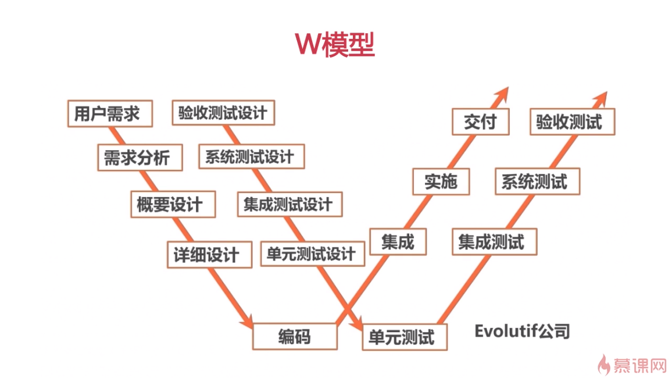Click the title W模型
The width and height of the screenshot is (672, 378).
click(335, 45)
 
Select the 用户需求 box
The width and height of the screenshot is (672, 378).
click(110, 113)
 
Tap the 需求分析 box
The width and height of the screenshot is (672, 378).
click(140, 158)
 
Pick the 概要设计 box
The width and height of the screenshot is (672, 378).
click(173, 205)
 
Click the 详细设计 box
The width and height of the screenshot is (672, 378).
click(210, 255)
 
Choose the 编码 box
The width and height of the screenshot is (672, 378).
click(295, 337)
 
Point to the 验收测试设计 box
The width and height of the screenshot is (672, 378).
click(223, 113)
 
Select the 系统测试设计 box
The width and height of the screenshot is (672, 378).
click(252, 156)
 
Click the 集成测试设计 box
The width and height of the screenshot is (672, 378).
click(289, 204)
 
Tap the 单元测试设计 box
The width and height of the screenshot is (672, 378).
click(312, 254)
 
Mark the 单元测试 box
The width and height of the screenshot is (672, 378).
click(405, 337)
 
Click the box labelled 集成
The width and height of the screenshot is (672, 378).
click(398, 242)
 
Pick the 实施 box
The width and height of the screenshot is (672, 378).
click(441, 181)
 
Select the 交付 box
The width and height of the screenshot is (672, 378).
click(481, 122)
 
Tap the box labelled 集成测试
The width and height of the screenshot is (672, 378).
click(495, 242)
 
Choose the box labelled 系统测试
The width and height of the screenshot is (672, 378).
click(538, 181)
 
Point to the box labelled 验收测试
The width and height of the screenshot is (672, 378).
click(572, 122)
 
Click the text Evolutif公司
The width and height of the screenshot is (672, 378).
click(523, 331)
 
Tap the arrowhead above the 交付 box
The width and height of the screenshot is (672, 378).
click(501, 96)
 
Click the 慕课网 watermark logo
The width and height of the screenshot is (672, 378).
click(632, 365)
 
